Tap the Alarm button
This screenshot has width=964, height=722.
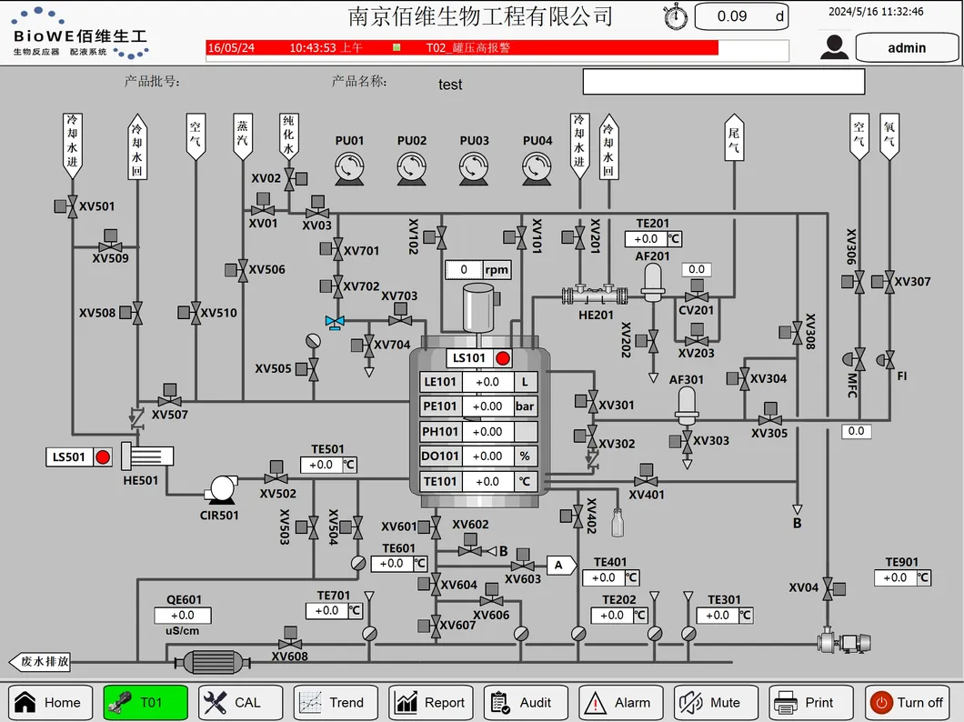619,702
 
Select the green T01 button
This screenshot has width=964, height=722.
145,702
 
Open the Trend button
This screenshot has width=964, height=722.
333,702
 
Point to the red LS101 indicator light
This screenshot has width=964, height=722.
503,358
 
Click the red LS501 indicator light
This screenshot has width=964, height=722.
103,457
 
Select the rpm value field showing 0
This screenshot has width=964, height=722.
464,270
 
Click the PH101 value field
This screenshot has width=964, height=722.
487,432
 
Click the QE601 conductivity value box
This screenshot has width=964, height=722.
182,616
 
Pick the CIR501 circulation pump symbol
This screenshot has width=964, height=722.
220,489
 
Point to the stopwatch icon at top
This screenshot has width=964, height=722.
676,16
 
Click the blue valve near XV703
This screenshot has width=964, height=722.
335,322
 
